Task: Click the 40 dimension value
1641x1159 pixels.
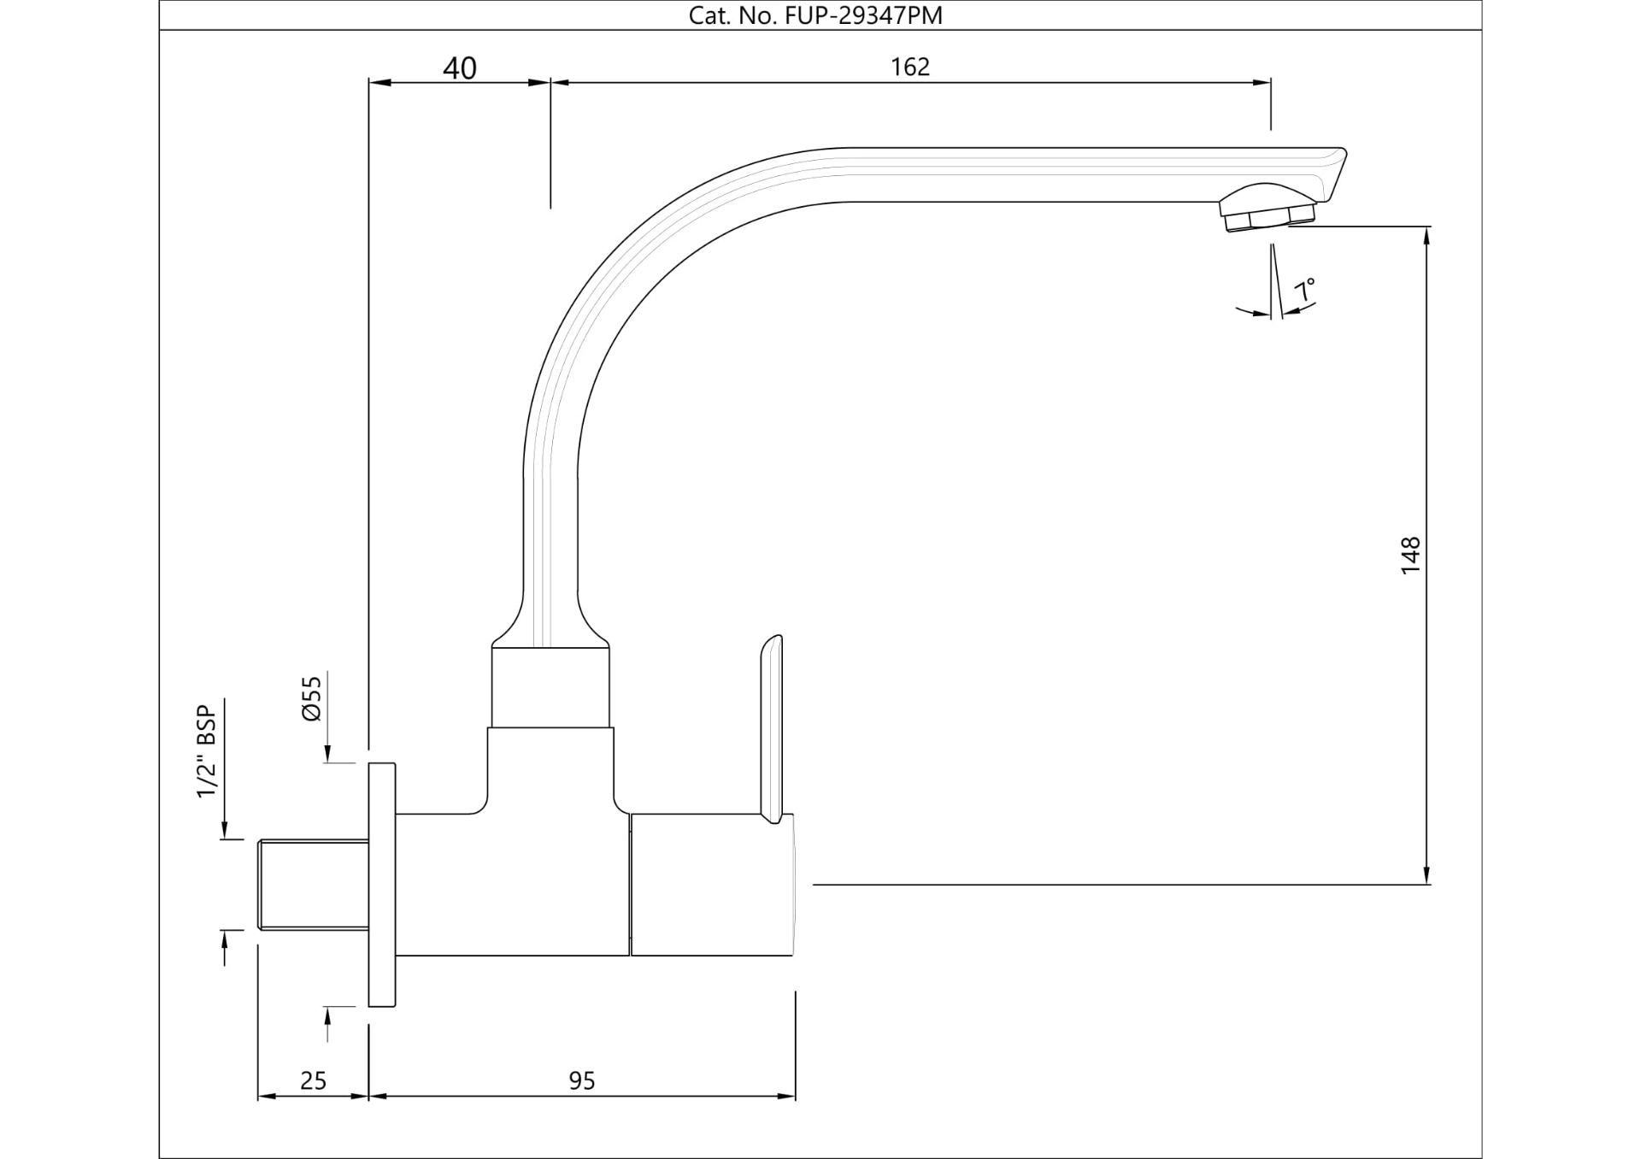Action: point(460,68)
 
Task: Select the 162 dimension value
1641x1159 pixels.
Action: point(909,67)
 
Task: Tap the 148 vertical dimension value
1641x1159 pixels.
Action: point(1410,555)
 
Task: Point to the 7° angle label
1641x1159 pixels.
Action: point(1304,291)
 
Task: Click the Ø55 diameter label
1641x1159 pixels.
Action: point(312,698)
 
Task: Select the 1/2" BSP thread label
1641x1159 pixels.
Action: point(207,751)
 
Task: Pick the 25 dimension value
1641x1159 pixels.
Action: point(314,1081)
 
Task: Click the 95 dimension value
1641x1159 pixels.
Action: point(581,1081)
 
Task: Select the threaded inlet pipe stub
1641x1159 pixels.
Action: point(313,884)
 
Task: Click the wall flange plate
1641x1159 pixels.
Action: point(382,885)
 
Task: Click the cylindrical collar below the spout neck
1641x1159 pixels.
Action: point(550,687)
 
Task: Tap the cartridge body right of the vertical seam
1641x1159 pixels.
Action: point(712,884)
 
